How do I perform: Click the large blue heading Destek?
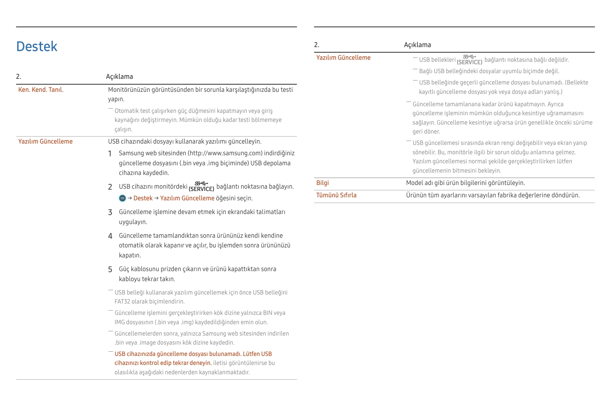pos(37,46)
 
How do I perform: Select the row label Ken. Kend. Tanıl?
pos(41,90)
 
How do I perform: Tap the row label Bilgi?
pos(322,183)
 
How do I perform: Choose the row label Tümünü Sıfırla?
pos(336,195)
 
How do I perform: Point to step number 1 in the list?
pos(110,154)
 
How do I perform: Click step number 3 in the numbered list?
pos(110,212)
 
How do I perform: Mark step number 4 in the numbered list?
pos(110,236)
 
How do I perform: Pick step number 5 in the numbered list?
pos(110,269)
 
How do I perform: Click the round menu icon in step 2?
pos(122,198)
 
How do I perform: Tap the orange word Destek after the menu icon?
pos(143,198)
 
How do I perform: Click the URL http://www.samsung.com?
pos(225,153)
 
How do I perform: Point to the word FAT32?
pos(122,302)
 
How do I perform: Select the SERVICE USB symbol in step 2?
pos(201,187)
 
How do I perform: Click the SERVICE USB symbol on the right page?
pos(469,60)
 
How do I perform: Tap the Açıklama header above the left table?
pos(119,77)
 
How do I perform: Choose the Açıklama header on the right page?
pos(417,45)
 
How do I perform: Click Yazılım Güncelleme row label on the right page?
pos(343,58)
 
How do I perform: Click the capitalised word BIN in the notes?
pos(268,313)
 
